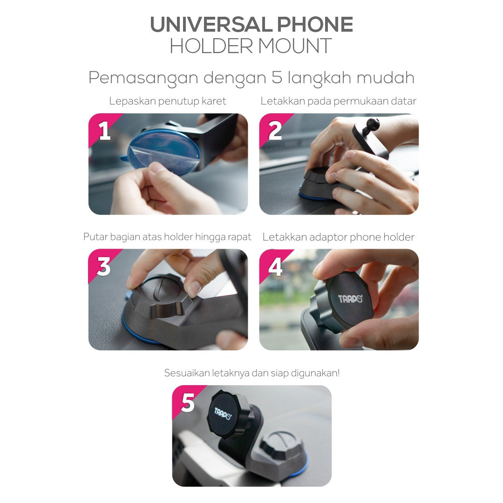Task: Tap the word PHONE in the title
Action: pyautogui.click(x=315, y=25)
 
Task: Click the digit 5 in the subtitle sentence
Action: pyautogui.click(x=277, y=77)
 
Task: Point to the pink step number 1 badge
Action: pyautogui.click(x=102, y=129)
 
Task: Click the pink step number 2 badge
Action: pyautogui.click(x=273, y=129)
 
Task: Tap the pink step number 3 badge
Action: pyautogui.click(x=102, y=264)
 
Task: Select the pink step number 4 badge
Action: pyautogui.click(x=273, y=264)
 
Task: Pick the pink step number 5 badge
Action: pyautogui.click(x=186, y=401)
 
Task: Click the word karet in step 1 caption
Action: pyautogui.click(x=214, y=102)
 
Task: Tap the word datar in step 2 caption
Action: pyautogui.click(x=405, y=102)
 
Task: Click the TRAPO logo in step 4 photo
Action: pyautogui.click(x=350, y=299)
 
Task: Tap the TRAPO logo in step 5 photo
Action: pyautogui.click(x=222, y=414)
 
